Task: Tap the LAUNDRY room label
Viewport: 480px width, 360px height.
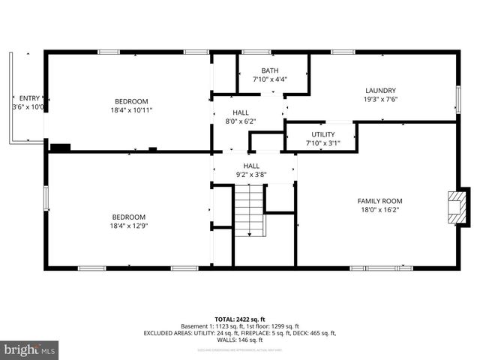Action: click(x=380, y=90)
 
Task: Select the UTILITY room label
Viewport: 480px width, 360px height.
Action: click(x=323, y=134)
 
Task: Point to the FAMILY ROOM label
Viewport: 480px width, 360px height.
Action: click(x=379, y=201)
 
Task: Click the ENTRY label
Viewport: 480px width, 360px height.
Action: click(x=29, y=98)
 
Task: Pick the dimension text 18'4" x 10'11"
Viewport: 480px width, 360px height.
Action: click(x=131, y=110)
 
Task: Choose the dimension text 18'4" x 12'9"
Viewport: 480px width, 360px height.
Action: click(x=129, y=226)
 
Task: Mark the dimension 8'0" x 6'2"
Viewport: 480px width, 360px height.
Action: click(x=241, y=121)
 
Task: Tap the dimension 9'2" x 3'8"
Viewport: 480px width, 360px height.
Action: click(x=251, y=175)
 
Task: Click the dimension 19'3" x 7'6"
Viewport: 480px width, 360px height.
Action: click(x=380, y=99)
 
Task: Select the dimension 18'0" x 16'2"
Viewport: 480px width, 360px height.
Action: click(x=379, y=210)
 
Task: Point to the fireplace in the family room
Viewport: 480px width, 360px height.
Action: click(x=455, y=206)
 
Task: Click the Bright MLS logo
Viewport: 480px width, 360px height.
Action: click(x=30, y=349)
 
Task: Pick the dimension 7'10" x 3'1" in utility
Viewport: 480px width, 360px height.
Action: click(x=323, y=143)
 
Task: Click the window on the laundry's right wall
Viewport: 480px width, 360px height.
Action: click(x=458, y=99)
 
